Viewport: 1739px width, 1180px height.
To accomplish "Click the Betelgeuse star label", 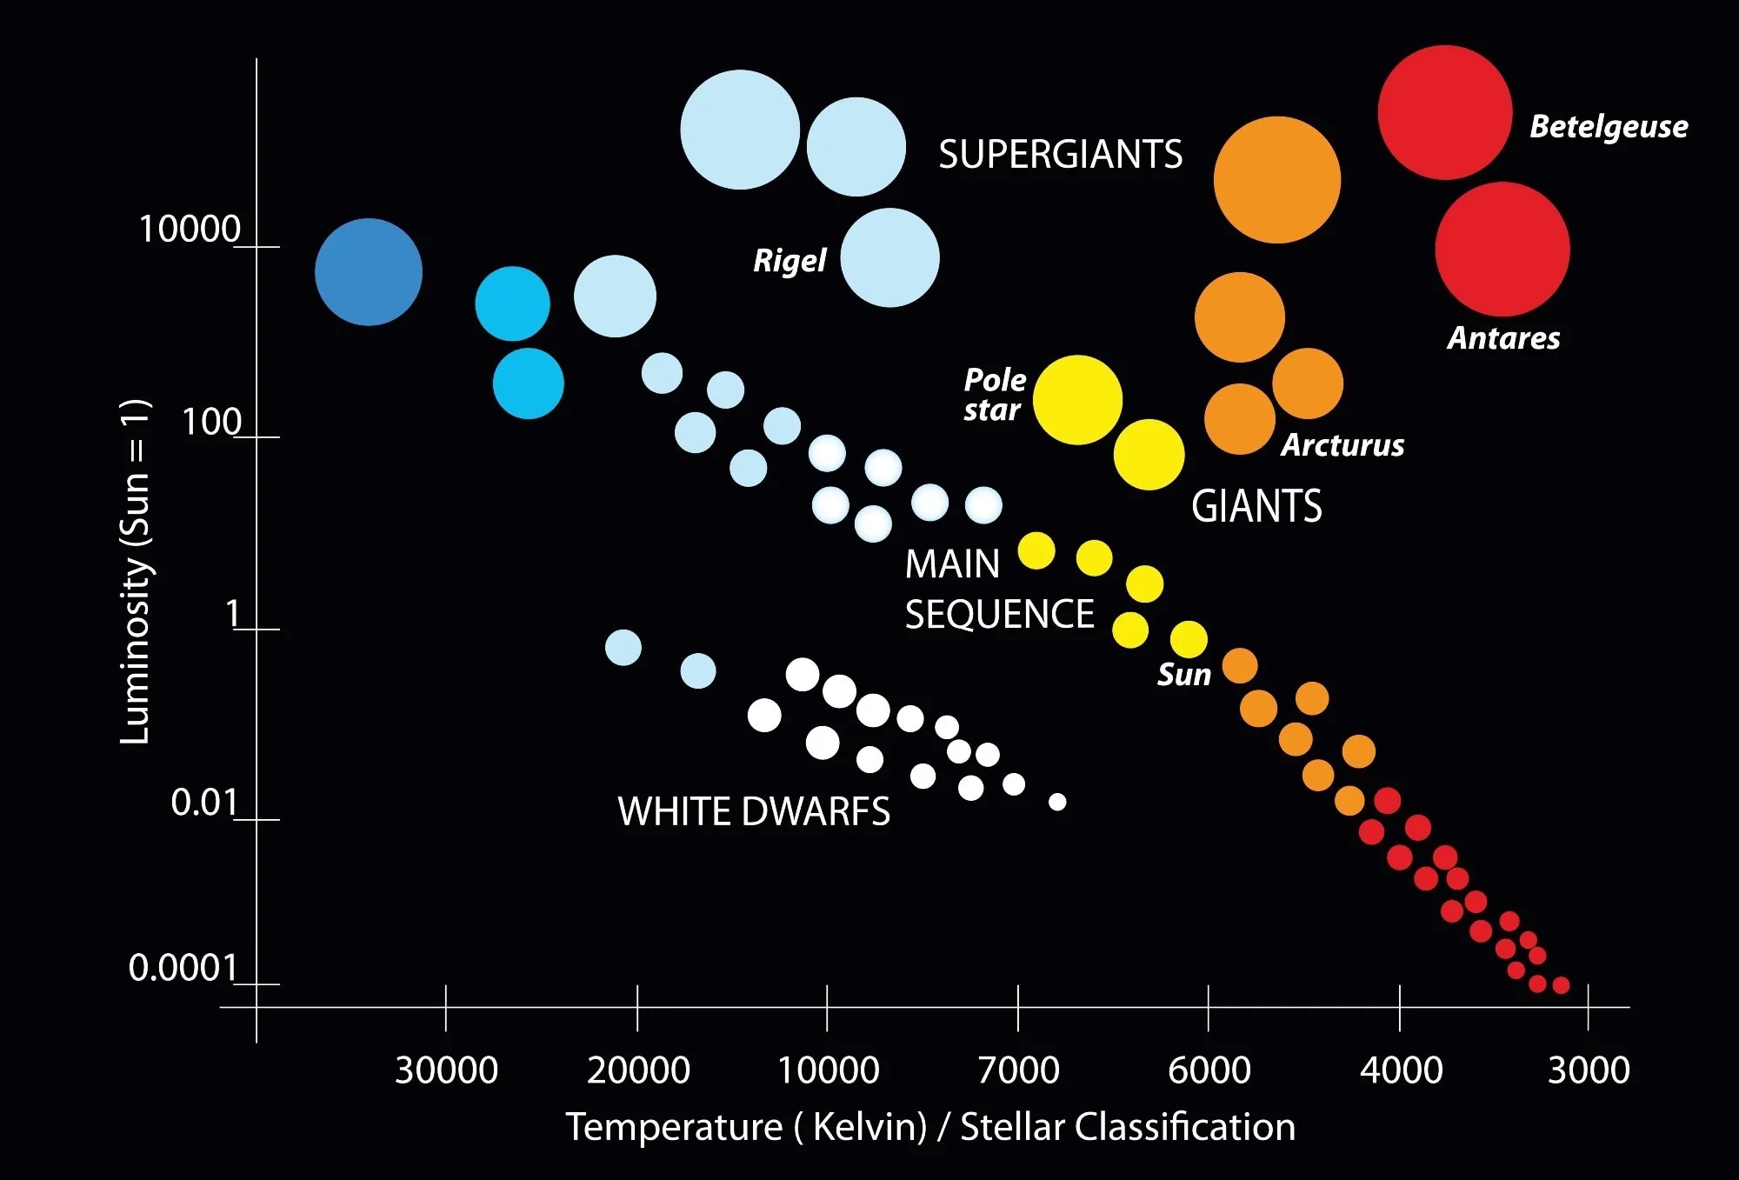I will [1609, 127].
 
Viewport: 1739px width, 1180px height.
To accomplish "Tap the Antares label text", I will [1503, 338].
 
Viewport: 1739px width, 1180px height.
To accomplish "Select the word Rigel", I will [790, 260].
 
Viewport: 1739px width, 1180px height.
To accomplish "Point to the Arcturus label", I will [1343, 445].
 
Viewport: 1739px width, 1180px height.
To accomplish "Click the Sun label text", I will [1183, 675].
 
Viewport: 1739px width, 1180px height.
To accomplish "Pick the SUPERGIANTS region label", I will [1060, 155].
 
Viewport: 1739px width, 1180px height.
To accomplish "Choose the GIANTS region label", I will [1256, 506].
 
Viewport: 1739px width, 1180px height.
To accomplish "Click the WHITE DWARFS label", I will [754, 811].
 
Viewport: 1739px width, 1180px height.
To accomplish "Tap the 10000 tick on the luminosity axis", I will [190, 230].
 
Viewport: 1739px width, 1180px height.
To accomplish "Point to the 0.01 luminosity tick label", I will [203, 802].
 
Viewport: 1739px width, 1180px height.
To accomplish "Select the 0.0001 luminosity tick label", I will [183, 967].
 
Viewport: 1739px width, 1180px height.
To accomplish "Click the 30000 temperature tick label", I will [446, 1070].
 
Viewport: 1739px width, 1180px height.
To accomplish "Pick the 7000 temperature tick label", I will [1018, 1070].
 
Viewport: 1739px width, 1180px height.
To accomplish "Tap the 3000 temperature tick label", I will [1589, 1070].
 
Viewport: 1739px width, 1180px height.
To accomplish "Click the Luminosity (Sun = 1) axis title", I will [136, 571].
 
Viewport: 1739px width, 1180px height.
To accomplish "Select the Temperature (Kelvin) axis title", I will [930, 1127].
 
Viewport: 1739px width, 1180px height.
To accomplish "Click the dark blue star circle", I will [369, 272].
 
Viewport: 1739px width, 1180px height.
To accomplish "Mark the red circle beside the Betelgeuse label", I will [1444, 113].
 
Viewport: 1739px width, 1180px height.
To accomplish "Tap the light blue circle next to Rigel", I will [889, 257].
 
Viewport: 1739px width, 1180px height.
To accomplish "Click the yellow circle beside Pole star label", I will [1077, 400].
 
